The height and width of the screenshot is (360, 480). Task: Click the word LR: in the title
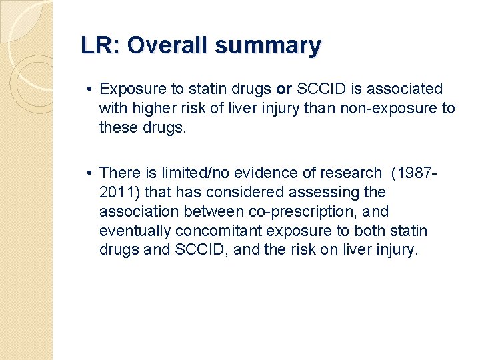(101, 46)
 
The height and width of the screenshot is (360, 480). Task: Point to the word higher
(149, 108)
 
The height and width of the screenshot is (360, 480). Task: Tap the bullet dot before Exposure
(89, 89)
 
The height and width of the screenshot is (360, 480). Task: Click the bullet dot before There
(89, 173)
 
